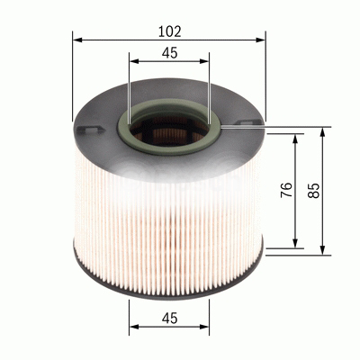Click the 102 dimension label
(x=169, y=31)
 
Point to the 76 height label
(x=284, y=190)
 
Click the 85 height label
(x=312, y=190)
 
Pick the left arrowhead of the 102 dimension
(x=77, y=40)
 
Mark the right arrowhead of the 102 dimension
(x=262, y=40)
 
